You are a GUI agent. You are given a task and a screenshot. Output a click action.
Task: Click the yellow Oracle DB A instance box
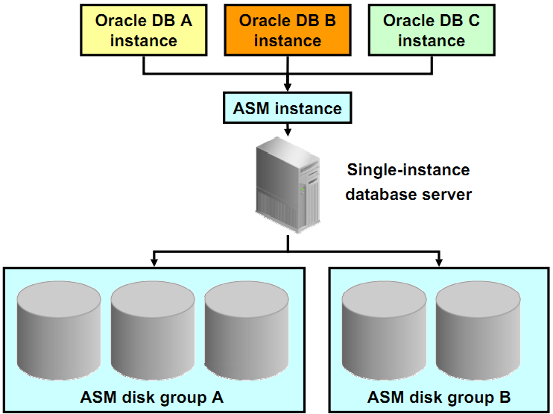click(143, 31)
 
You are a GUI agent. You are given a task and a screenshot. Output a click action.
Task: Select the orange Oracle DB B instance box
click(287, 31)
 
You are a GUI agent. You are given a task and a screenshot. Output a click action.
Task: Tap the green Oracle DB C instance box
click(431, 31)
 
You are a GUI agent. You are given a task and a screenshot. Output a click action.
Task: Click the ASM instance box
click(287, 108)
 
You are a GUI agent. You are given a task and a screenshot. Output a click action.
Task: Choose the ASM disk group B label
click(439, 396)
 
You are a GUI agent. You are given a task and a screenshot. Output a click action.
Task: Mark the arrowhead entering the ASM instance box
click(287, 87)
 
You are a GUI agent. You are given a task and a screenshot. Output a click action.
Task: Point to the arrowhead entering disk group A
click(154, 262)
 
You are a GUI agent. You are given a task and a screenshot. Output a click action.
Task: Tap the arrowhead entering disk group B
click(439, 262)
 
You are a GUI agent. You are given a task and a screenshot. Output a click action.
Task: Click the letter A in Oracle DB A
click(186, 21)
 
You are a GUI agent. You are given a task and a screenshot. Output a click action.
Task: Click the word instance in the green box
click(431, 40)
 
